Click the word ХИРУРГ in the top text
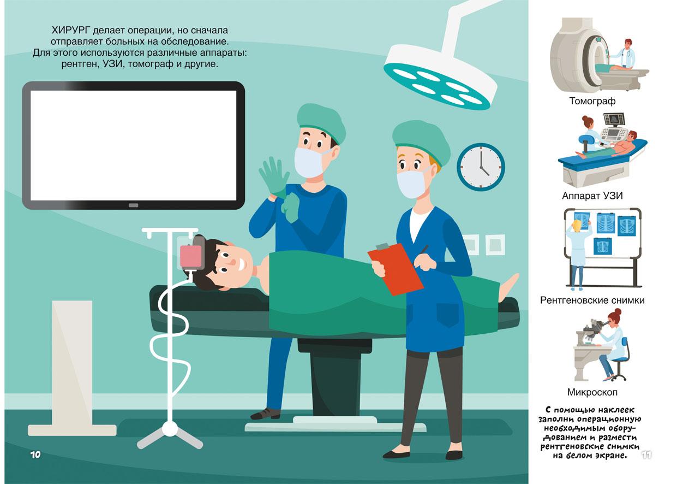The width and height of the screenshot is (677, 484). pyautogui.click(x=71, y=30)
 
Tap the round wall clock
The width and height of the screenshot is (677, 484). pyautogui.click(x=481, y=167)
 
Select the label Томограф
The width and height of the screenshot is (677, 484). pyautogui.click(x=592, y=101)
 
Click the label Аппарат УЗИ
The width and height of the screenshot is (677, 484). pyautogui.click(x=592, y=196)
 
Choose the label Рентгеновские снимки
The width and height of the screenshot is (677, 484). pyautogui.click(x=592, y=300)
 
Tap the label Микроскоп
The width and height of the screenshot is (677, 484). pyautogui.click(x=592, y=392)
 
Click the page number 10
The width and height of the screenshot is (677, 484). pyautogui.click(x=35, y=455)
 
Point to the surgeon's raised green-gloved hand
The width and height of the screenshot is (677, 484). pyautogui.click(x=274, y=175)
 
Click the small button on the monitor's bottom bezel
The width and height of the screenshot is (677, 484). pyautogui.click(x=133, y=205)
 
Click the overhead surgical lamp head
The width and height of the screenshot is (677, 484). pyautogui.click(x=440, y=77)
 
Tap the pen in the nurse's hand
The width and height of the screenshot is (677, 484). pyautogui.click(x=424, y=252)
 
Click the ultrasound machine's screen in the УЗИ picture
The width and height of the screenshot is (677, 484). pyautogui.click(x=614, y=120)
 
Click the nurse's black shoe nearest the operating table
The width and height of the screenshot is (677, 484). pyautogui.click(x=396, y=454)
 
